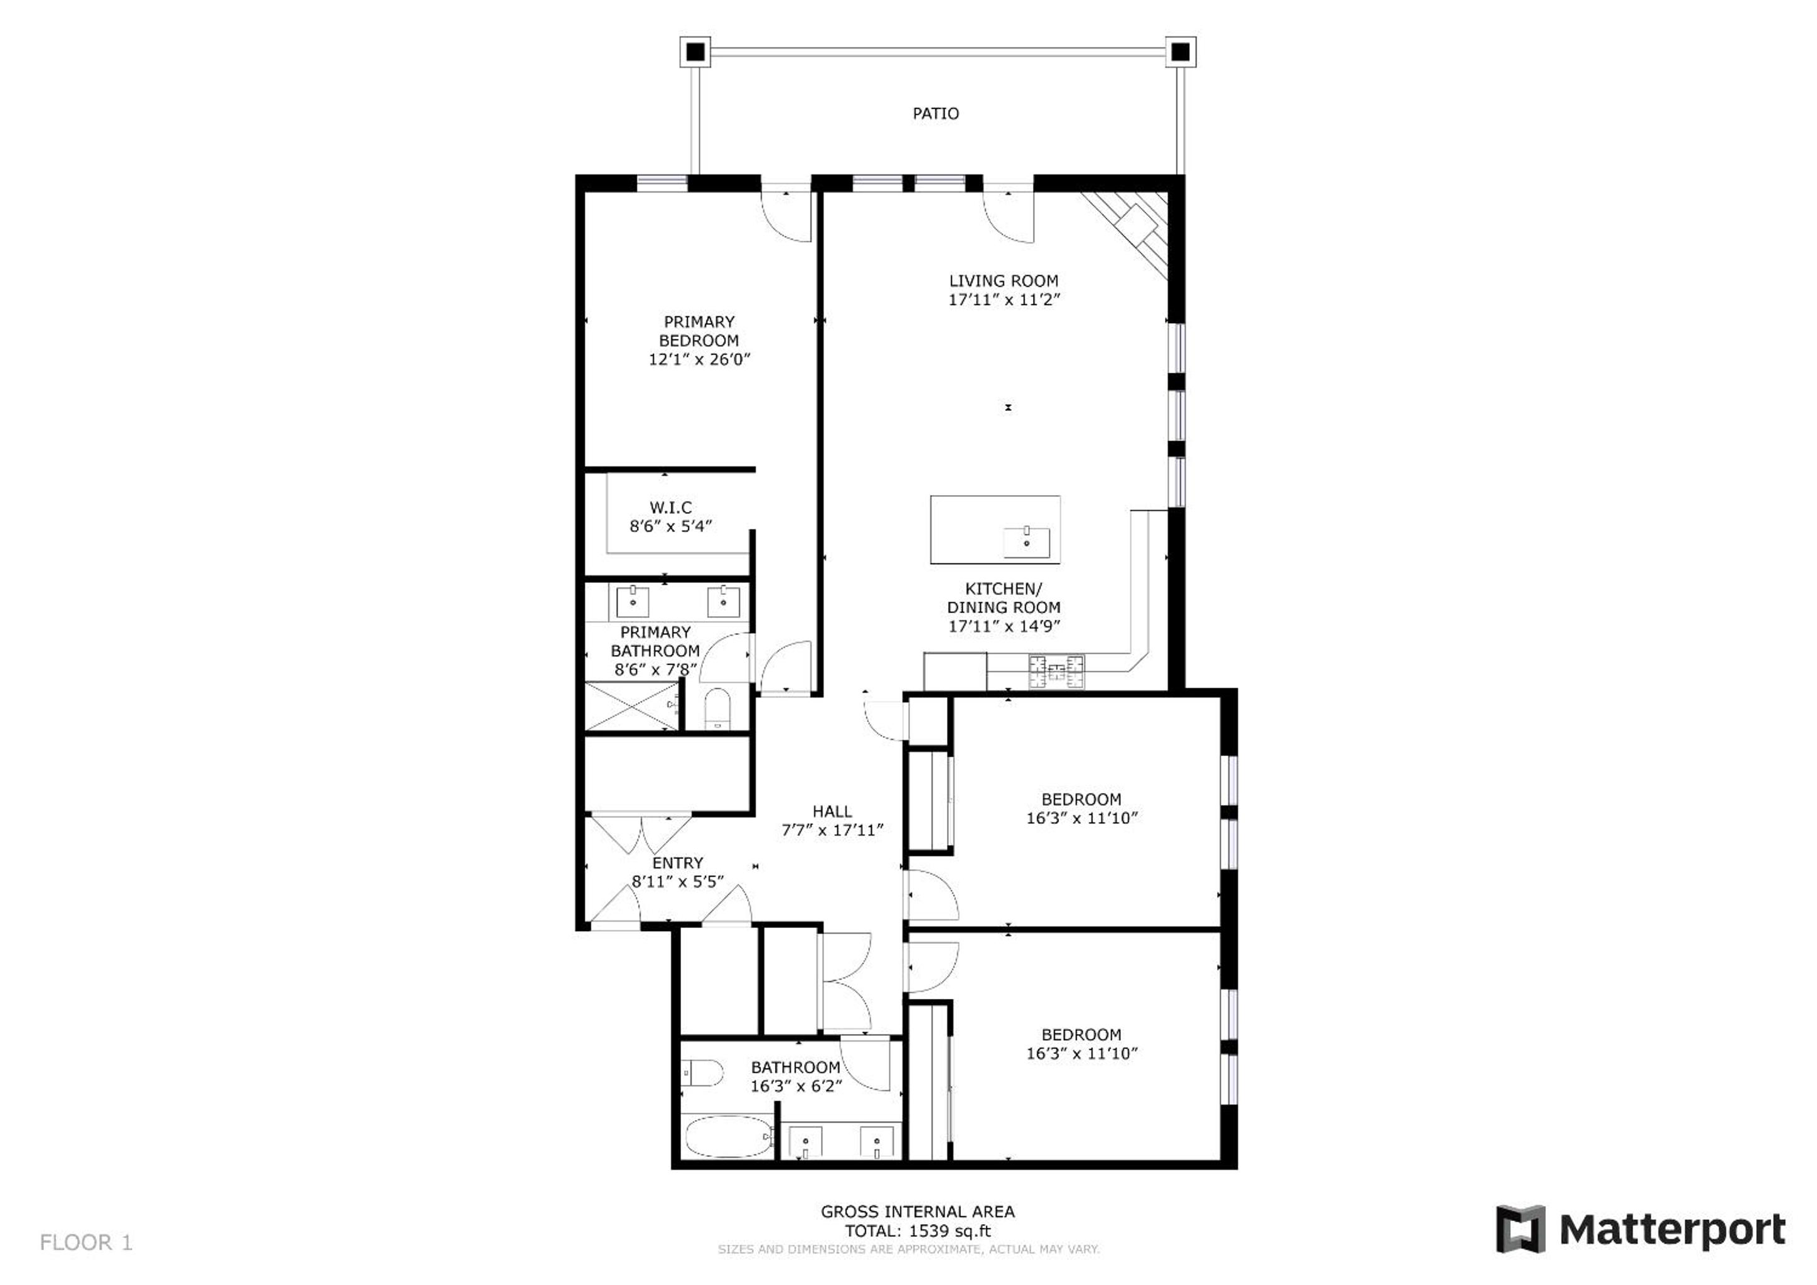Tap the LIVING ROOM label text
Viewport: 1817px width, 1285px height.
(1004, 281)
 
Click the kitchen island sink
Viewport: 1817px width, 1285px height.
(1026, 543)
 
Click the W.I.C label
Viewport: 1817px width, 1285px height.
(670, 507)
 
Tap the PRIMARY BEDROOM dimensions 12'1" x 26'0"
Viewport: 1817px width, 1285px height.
(699, 360)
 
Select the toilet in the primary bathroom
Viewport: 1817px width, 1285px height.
(718, 708)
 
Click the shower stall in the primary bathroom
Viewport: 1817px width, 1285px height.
(631, 706)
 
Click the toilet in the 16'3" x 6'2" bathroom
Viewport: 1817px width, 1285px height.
(702, 1074)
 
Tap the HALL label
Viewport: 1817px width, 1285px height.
(832, 811)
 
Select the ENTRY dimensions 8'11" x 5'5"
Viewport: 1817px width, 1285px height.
(677, 882)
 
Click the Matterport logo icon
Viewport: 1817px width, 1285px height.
(1520, 1229)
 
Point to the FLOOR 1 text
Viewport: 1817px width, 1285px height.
(86, 1242)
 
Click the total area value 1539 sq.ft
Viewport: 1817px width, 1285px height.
(950, 1230)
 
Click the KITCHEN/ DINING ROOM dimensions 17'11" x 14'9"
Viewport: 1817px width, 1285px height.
(1004, 626)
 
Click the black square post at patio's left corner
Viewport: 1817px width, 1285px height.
(695, 52)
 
